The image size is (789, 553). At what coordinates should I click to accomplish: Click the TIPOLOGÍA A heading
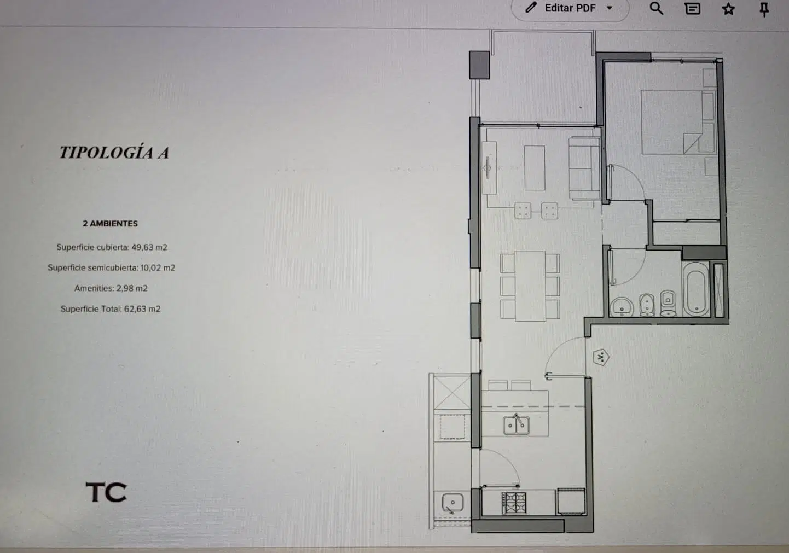pyautogui.click(x=114, y=152)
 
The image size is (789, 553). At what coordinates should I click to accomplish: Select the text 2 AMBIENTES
pyautogui.click(x=110, y=224)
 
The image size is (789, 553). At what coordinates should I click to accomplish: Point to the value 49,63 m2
pyautogui.click(x=149, y=247)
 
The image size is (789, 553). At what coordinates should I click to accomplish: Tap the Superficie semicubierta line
pyautogui.click(x=111, y=267)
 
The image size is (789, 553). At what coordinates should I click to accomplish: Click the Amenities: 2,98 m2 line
pyautogui.click(x=111, y=288)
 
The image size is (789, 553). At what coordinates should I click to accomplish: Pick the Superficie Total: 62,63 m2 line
pyautogui.click(x=110, y=309)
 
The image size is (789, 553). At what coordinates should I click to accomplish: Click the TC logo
pyautogui.click(x=106, y=492)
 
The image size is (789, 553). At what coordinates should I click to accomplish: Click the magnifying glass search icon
pyautogui.click(x=656, y=8)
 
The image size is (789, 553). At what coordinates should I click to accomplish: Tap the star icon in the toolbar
pyautogui.click(x=728, y=9)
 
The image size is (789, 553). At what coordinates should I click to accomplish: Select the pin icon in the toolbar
pyautogui.click(x=764, y=9)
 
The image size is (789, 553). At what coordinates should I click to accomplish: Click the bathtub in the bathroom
pyautogui.click(x=696, y=289)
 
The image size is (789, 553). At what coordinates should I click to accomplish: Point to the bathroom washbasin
pyautogui.click(x=622, y=307)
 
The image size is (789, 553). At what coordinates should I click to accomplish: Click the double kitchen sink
pyautogui.click(x=516, y=425)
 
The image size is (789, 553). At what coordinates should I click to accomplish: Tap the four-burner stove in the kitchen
pyautogui.click(x=514, y=503)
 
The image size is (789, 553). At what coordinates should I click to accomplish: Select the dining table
pyautogui.click(x=530, y=286)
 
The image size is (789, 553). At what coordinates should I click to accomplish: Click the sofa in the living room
pyautogui.click(x=584, y=168)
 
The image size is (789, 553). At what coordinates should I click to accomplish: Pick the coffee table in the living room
pyautogui.click(x=535, y=168)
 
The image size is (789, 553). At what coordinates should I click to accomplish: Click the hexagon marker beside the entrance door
pyautogui.click(x=601, y=358)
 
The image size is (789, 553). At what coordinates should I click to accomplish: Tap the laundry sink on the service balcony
pyautogui.click(x=452, y=503)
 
